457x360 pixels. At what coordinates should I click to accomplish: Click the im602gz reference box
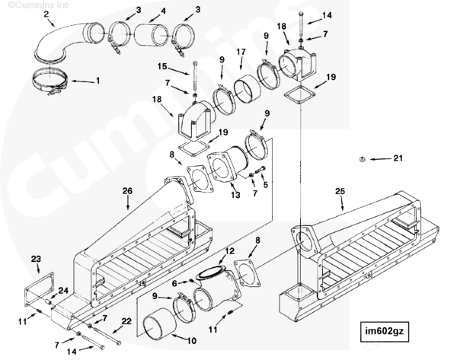point(385,331)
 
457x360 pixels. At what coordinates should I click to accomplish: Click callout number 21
point(398,158)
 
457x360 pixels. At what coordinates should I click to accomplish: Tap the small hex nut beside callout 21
point(362,159)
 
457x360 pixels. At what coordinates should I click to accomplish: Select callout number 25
point(340,191)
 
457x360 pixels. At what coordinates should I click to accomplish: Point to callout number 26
point(127,191)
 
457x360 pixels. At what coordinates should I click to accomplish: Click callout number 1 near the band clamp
point(98,81)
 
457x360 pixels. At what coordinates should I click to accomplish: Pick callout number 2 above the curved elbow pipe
point(46,14)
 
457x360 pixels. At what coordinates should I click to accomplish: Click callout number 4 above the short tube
point(163,11)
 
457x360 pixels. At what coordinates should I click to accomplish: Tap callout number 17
point(241,53)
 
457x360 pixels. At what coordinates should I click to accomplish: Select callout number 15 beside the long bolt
point(162,66)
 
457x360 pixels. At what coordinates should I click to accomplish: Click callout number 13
point(235,195)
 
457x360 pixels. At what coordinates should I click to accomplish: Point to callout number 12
point(230,250)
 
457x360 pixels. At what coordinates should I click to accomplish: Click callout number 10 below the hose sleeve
point(191,340)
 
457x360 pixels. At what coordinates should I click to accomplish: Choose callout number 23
point(36,259)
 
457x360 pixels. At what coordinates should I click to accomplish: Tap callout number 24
point(63,291)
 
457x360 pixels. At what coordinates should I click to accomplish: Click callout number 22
point(126,321)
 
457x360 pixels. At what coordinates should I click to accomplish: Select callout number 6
point(174,283)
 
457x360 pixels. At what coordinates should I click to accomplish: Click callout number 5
point(265,185)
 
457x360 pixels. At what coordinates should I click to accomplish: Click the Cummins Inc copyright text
point(38,5)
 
